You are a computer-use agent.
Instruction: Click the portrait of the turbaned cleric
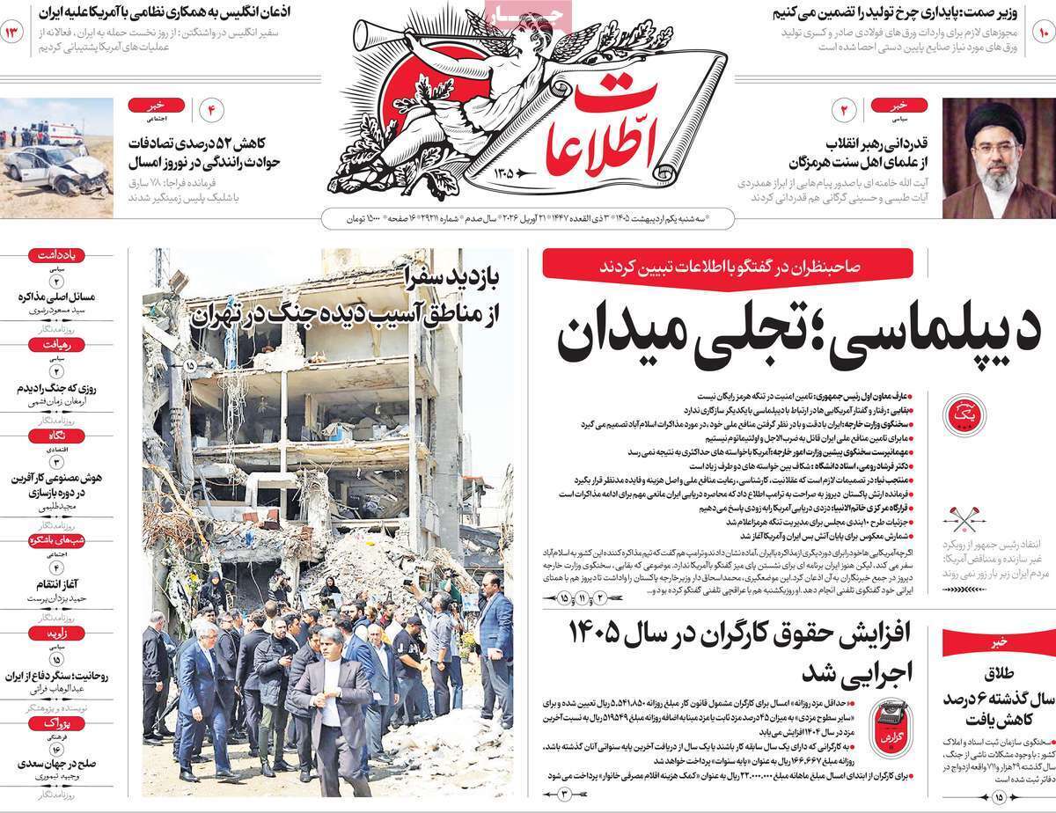tap(998, 158)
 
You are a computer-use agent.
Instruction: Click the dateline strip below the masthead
tap(528, 216)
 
